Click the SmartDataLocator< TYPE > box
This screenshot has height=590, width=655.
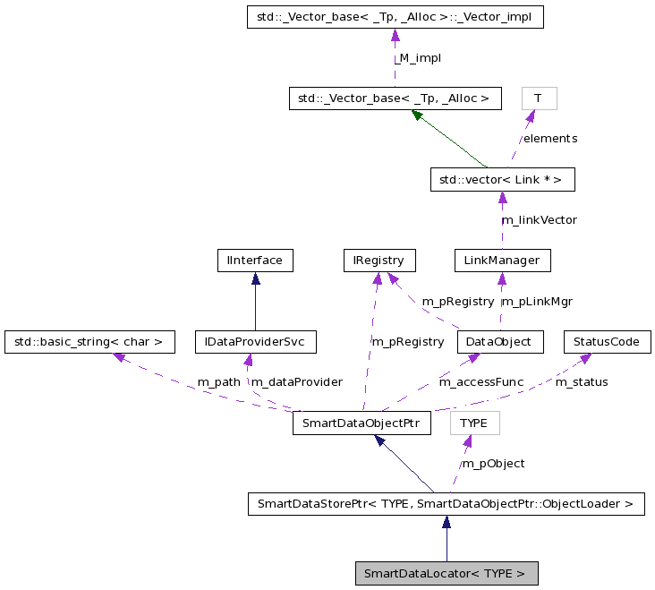tap(446, 573)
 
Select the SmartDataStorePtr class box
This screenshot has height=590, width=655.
tap(445, 504)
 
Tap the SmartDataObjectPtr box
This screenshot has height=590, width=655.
tap(362, 423)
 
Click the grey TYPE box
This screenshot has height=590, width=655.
tap(474, 423)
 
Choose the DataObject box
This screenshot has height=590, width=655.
tap(499, 341)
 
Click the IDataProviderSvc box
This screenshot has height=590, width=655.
tap(255, 341)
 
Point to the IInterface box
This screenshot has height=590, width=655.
tap(255, 261)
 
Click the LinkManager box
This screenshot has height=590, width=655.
tap(501, 261)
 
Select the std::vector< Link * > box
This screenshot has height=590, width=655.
tap(501, 179)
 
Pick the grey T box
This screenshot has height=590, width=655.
tap(538, 98)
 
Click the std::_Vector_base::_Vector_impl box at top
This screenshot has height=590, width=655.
tap(395, 16)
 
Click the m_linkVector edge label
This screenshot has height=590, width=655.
tap(539, 219)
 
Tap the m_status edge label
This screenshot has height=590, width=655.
tap(582, 382)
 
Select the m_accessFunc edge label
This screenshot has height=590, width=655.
tap(481, 382)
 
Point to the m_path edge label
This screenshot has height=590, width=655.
tap(219, 382)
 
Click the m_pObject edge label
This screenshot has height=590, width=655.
tap(493, 464)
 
